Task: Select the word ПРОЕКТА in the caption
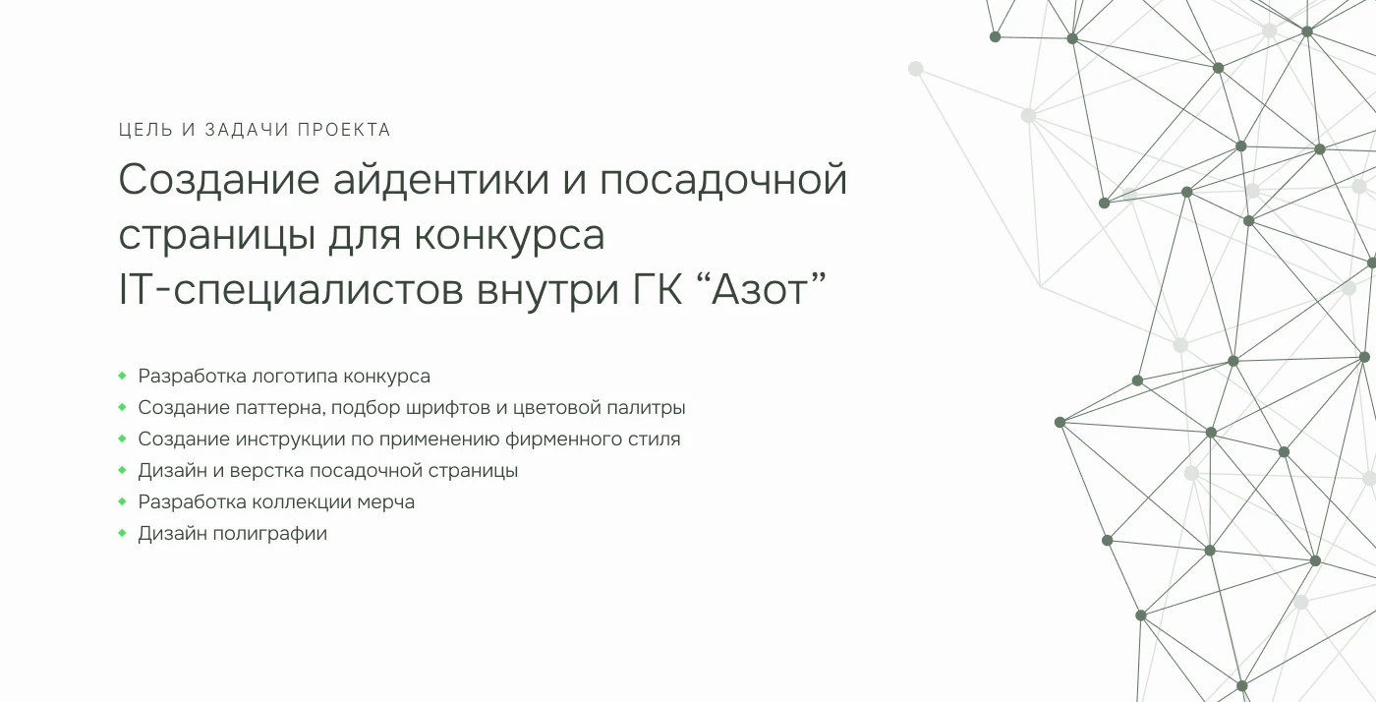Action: [x=344, y=130]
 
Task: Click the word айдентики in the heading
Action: [x=440, y=180]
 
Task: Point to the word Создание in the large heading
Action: [x=218, y=180]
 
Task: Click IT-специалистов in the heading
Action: [x=291, y=291]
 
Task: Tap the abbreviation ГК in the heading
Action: [x=658, y=289]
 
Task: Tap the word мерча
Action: [x=385, y=502]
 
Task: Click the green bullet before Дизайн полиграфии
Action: [x=122, y=533]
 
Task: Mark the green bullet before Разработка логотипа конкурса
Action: [x=122, y=376]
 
